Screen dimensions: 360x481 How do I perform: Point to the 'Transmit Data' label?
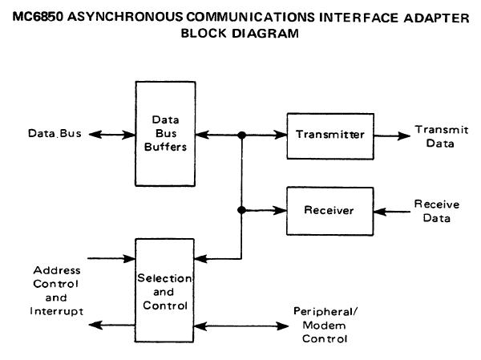click(435, 136)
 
